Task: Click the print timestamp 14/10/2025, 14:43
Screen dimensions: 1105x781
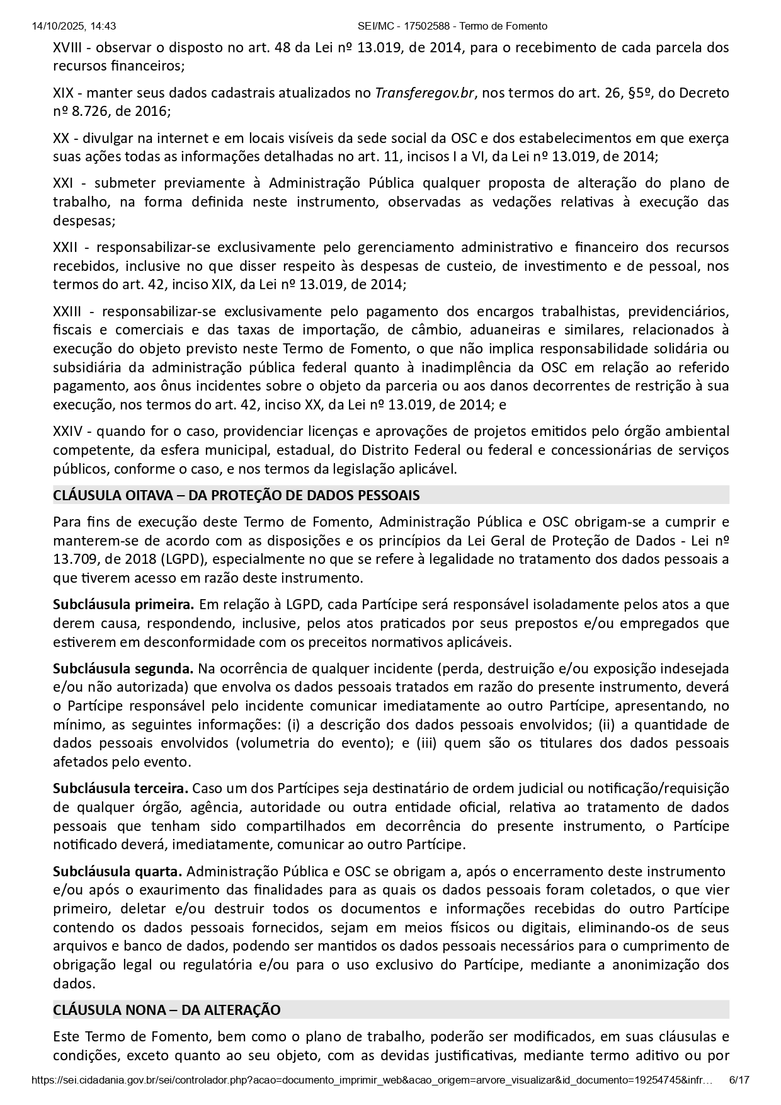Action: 73,26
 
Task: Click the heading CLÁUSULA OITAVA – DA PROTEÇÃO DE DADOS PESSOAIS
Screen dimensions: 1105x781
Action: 236,495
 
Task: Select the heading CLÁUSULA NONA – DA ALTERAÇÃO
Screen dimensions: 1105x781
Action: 167,1010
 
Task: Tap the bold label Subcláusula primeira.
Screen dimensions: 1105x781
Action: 123,605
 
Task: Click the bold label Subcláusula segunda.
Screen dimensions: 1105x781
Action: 123,668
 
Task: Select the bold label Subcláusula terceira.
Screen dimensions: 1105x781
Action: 120,789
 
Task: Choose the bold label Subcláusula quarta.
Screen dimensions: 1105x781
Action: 117,871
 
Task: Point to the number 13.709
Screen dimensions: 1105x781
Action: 74,559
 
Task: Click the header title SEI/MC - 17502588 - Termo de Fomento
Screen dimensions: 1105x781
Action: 452,26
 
